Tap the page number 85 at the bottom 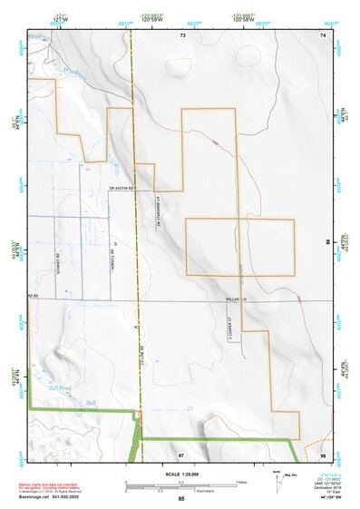[x=181, y=500]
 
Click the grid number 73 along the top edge [x=182, y=34]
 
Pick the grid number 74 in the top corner [x=323, y=34]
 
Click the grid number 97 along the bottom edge [x=181, y=453]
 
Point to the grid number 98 [x=323, y=453]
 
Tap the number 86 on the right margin [x=328, y=243]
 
